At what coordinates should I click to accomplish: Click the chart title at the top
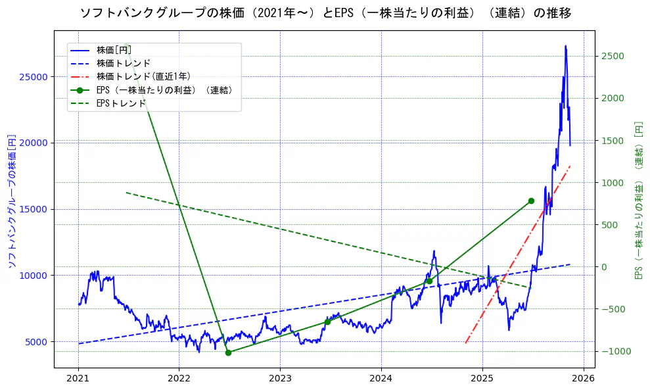(325, 13)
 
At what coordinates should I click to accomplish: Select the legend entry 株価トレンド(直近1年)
(143, 76)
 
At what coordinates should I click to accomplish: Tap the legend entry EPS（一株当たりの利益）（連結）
(164, 90)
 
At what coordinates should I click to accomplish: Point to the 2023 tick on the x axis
(280, 379)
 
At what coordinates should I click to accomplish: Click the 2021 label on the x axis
(78, 379)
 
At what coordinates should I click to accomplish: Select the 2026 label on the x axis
(583, 379)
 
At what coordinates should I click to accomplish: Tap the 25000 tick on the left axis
(34, 77)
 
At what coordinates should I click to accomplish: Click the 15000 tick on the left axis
(34, 210)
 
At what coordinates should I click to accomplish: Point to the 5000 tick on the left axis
(36, 342)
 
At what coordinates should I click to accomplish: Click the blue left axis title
(11, 201)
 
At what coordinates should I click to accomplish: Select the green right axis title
(638, 201)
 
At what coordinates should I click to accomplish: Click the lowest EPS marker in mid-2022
(228, 353)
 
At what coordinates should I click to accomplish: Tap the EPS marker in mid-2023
(327, 322)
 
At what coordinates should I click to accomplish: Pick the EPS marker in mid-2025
(531, 201)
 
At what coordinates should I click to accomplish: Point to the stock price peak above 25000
(565, 46)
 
